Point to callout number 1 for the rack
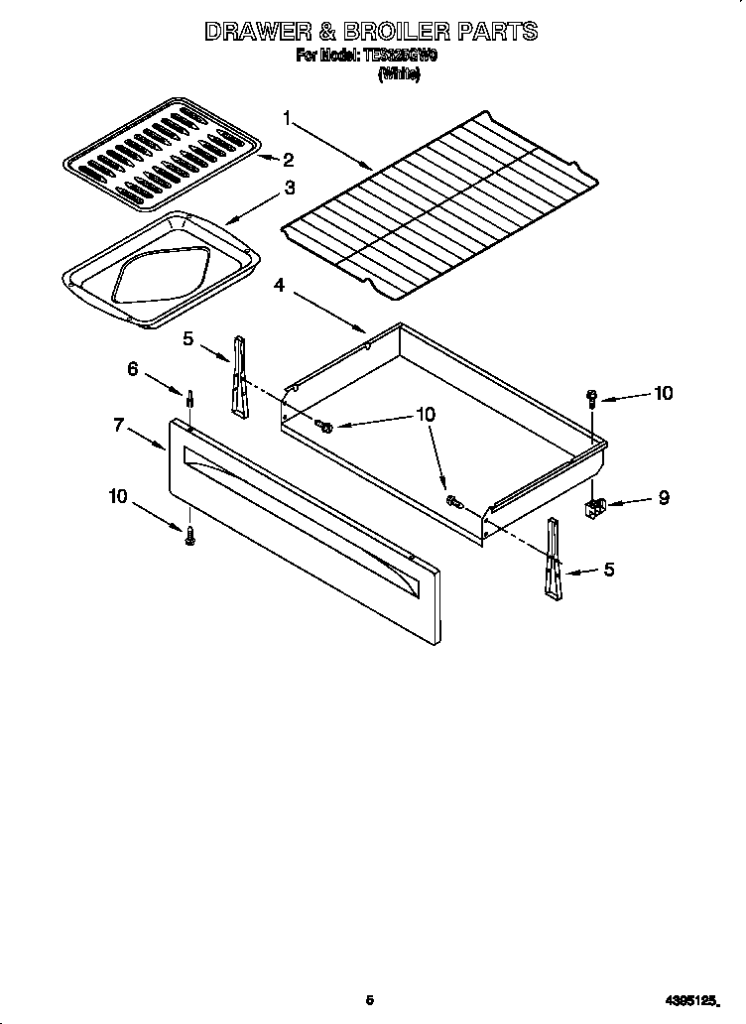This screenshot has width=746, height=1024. tap(287, 119)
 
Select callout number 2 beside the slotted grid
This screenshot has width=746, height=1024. tap(288, 159)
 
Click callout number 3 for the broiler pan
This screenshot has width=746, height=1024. tap(289, 187)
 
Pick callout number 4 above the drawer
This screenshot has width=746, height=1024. tap(280, 286)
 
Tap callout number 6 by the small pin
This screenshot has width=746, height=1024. tap(132, 368)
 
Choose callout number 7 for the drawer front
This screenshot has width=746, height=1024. tap(119, 425)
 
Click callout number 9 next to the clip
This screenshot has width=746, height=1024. tap(663, 498)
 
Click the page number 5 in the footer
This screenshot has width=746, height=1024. tap(369, 1000)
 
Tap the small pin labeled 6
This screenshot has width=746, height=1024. tap(187, 400)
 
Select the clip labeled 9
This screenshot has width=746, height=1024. tap(594, 507)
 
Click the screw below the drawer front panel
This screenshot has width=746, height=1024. tap(189, 535)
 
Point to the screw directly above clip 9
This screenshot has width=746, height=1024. tap(592, 399)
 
